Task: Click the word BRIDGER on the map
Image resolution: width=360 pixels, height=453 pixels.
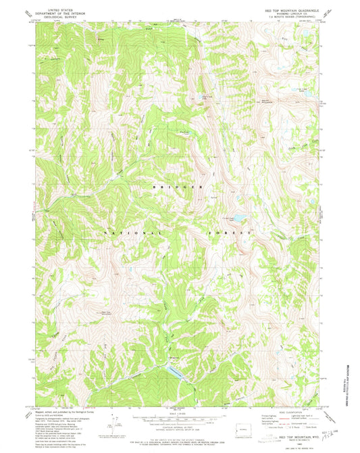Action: (x=180, y=187)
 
